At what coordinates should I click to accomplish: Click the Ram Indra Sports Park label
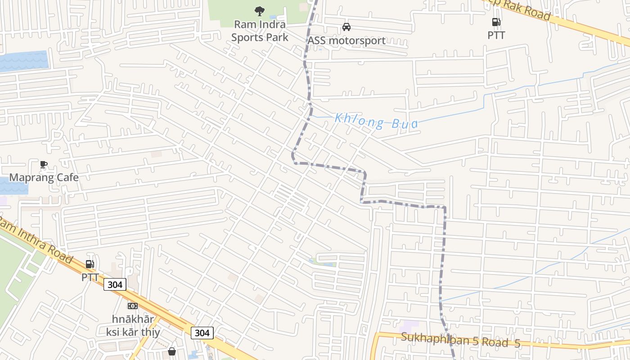pyautogui.click(x=260, y=31)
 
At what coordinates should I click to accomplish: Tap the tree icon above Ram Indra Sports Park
pyautogui.click(x=260, y=11)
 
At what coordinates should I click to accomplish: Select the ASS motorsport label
pyautogui.click(x=346, y=40)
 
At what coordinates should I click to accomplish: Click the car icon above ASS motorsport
pyautogui.click(x=346, y=27)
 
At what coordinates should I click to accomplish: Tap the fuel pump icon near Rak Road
pyautogui.click(x=496, y=22)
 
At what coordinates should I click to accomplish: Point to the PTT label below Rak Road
pyautogui.click(x=496, y=35)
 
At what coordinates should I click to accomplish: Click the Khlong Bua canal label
pyautogui.click(x=376, y=121)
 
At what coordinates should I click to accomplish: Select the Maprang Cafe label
pyautogui.click(x=44, y=177)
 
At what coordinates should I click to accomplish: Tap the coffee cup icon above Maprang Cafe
pyautogui.click(x=44, y=164)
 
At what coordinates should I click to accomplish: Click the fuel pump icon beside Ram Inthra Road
pyautogui.click(x=90, y=264)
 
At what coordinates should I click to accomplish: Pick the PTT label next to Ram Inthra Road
pyautogui.click(x=90, y=277)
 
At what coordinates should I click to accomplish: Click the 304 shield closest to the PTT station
pyautogui.click(x=115, y=284)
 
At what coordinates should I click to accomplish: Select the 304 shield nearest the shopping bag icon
pyautogui.click(x=202, y=333)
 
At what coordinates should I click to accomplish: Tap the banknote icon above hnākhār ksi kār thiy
pyautogui.click(x=132, y=306)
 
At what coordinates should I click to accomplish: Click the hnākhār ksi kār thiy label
pyautogui.click(x=133, y=326)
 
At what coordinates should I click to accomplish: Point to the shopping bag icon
pyautogui.click(x=171, y=351)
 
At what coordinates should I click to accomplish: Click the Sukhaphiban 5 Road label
pyautogui.click(x=460, y=340)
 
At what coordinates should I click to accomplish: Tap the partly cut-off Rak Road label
pyautogui.click(x=522, y=10)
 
